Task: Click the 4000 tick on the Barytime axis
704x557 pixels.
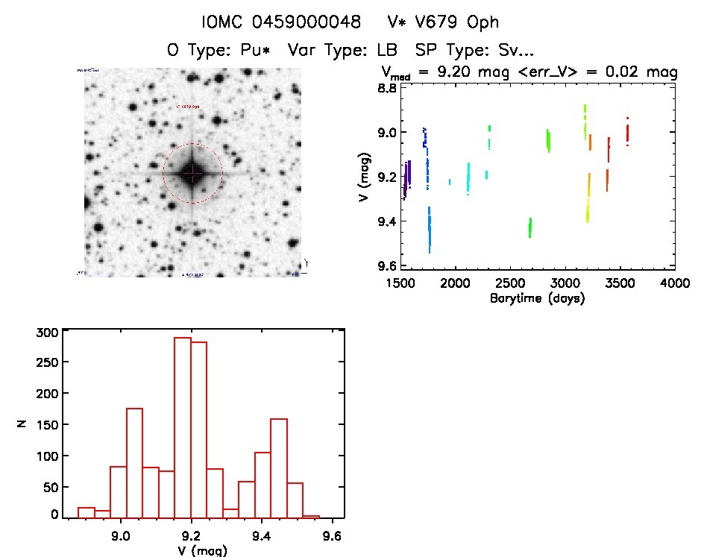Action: click(x=675, y=283)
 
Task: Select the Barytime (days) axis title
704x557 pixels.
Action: click(x=537, y=298)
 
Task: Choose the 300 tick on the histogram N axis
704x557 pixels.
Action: click(x=46, y=333)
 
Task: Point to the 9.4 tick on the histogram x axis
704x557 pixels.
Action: click(x=262, y=535)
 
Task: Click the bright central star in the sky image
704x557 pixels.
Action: click(x=192, y=173)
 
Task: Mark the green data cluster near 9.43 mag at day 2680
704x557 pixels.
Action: click(x=530, y=227)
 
